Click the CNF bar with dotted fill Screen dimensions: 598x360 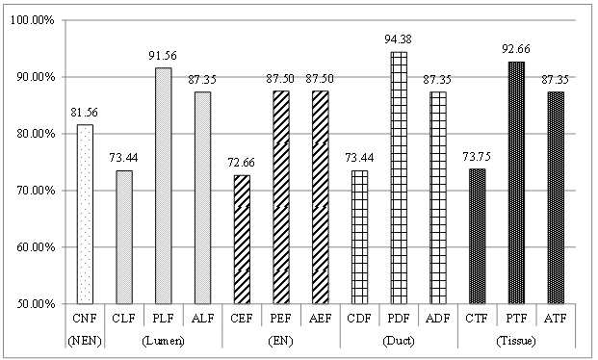coord(85,214)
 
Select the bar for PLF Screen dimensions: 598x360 coord(164,186)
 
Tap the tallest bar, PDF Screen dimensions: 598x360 coord(399,178)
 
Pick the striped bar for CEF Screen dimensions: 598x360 coord(242,240)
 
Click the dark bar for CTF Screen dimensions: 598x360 coord(477,237)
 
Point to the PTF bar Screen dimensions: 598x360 coord(516,183)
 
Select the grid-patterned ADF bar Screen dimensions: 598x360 coord(438,197)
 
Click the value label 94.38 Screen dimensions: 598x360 coord(398,39)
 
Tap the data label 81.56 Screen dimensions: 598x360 coord(85,112)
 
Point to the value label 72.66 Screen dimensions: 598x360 coord(242,163)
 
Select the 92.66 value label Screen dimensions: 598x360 coord(516,49)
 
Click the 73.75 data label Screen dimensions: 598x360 coord(477,156)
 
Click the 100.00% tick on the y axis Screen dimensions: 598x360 coord(33,20)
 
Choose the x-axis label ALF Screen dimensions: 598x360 coord(202,318)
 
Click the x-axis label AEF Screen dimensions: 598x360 coord(320,318)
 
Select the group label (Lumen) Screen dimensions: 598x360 coord(163,341)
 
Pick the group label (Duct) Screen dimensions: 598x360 coord(399,341)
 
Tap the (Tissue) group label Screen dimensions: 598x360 coord(516,341)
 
